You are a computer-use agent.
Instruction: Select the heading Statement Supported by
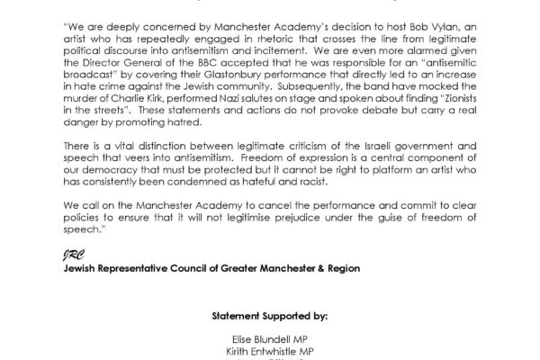(x=269, y=317)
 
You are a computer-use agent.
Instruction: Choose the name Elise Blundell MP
(x=269, y=335)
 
